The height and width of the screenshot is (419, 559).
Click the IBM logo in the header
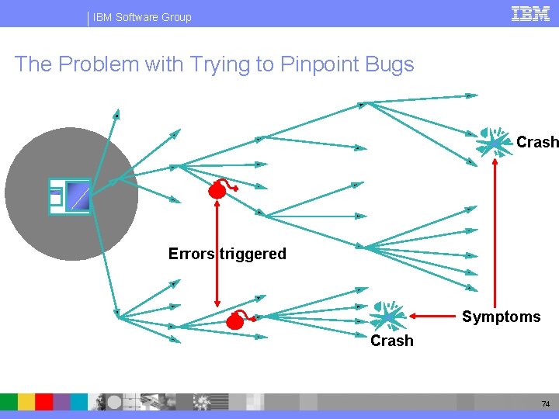tap(531, 13)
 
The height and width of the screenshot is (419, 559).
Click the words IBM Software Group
tap(142, 17)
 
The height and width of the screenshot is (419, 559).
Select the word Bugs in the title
tap(390, 64)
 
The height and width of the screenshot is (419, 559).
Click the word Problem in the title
tap(90, 64)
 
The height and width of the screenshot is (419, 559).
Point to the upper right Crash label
tap(536, 142)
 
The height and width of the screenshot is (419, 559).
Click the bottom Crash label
tap(392, 341)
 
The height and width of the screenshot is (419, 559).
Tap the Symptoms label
tap(501, 317)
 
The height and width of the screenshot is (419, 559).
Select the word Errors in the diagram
tap(191, 254)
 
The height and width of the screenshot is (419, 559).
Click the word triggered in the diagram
tap(253, 254)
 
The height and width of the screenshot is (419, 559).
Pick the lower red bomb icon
tap(237, 320)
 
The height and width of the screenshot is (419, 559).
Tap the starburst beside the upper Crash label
tap(495, 142)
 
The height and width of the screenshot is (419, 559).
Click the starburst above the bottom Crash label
tap(386, 316)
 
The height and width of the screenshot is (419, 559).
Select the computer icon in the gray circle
tap(70, 196)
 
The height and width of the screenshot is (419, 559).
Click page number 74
tap(547, 404)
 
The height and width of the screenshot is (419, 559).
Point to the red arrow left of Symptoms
tap(434, 316)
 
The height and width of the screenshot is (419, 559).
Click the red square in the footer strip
tap(44, 401)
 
